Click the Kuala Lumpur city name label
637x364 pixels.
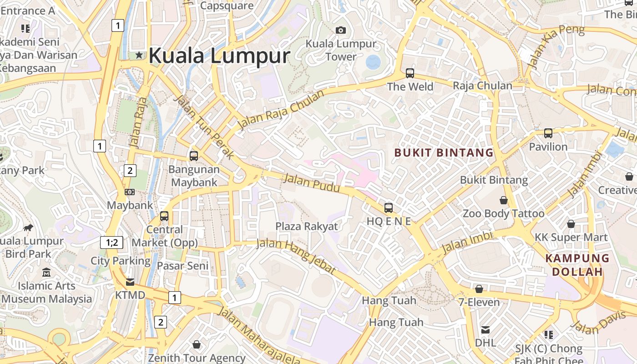[219, 56]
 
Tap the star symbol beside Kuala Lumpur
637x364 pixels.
[139, 55]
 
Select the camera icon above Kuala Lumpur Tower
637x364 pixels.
[341, 30]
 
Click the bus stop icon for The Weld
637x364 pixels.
[410, 73]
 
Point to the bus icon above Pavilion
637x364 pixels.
[548, 133]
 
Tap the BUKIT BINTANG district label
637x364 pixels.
[444, 152]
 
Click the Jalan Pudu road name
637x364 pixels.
[312, 182]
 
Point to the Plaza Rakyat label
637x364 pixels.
[307, 226]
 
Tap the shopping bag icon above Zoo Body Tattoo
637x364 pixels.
[504, 200]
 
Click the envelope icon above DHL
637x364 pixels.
[485, 329]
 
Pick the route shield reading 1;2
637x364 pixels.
[112, 243]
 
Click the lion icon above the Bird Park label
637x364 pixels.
[28, 227]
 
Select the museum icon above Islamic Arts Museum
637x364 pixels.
[46, 273]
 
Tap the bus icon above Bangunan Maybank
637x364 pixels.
[194, 156]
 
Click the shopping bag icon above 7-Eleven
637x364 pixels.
[479, 289]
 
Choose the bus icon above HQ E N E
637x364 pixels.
[389, 208]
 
